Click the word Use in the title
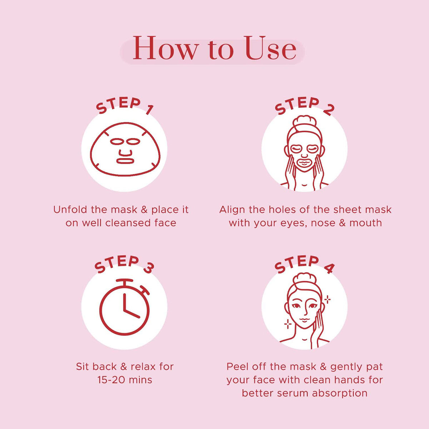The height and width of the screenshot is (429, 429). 271,49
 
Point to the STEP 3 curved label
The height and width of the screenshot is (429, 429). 124,264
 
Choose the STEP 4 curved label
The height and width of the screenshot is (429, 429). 304,264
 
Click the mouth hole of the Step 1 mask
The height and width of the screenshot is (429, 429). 125,161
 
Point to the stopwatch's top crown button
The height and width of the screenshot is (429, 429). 124,281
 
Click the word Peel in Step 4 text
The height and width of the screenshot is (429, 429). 238,366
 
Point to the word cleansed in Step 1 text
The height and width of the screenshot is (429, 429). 129,223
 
